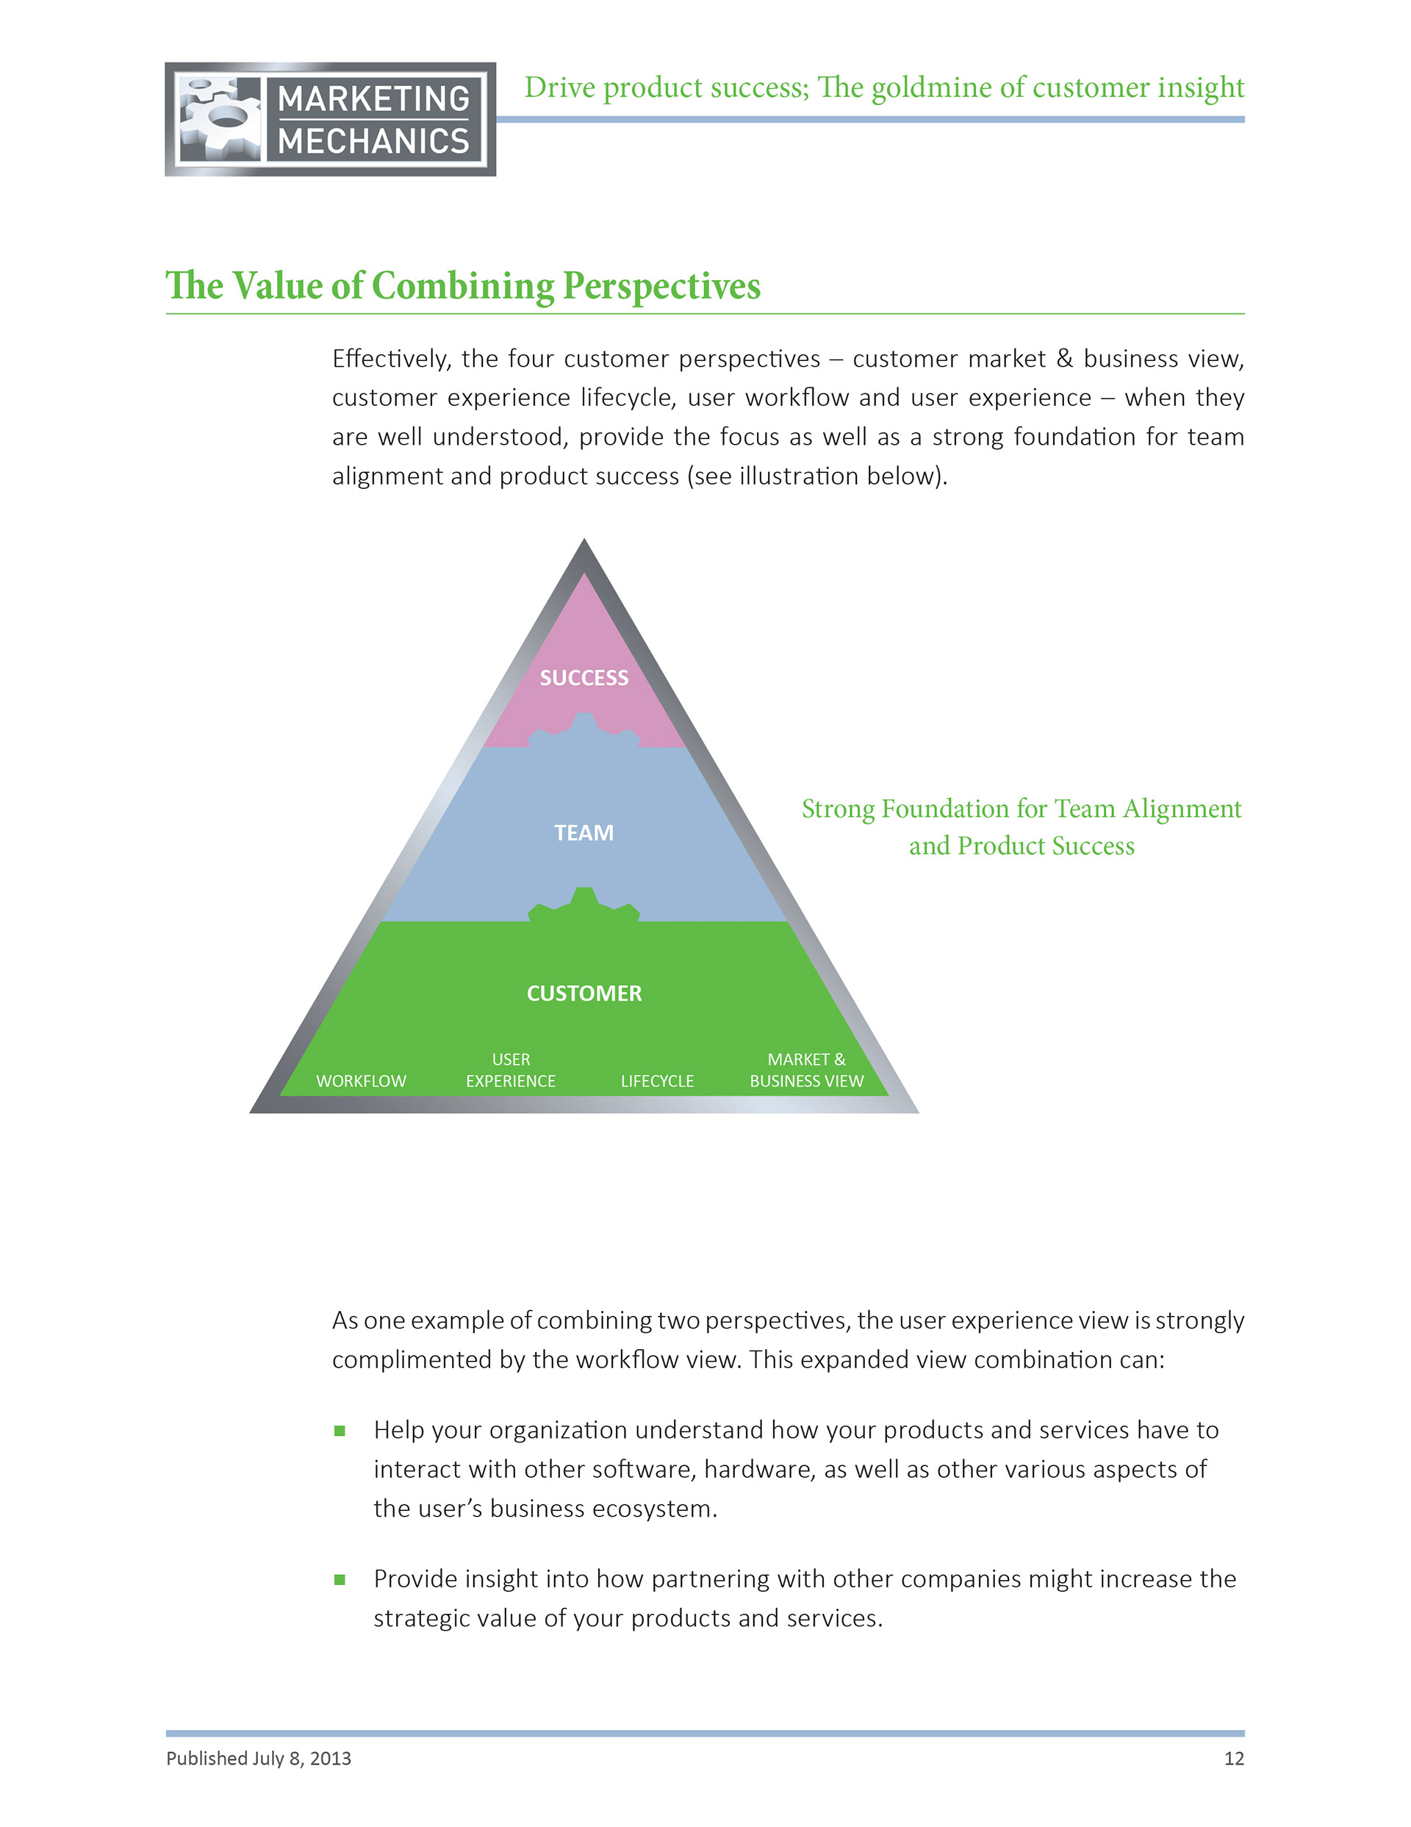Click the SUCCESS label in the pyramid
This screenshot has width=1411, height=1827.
(584, 678)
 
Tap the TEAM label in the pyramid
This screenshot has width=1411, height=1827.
(584, 832)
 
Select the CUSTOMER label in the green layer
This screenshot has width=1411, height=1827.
(584, 993)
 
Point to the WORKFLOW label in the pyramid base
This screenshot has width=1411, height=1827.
(361, 1081)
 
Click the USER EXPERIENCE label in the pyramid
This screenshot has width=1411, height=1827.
(510, 1070)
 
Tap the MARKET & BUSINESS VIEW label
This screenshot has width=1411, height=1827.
(806, 1070)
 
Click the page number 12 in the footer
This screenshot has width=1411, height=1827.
(1234, 1759)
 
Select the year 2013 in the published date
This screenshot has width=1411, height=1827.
(331, 1759)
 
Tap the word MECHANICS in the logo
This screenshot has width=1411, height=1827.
(373, 141)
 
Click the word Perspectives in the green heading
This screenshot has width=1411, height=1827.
(661, 286)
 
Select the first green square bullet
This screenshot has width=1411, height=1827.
(340, 1431)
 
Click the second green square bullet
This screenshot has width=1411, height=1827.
(340, 1579)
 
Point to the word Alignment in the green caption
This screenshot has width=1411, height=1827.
(1182, 809)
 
